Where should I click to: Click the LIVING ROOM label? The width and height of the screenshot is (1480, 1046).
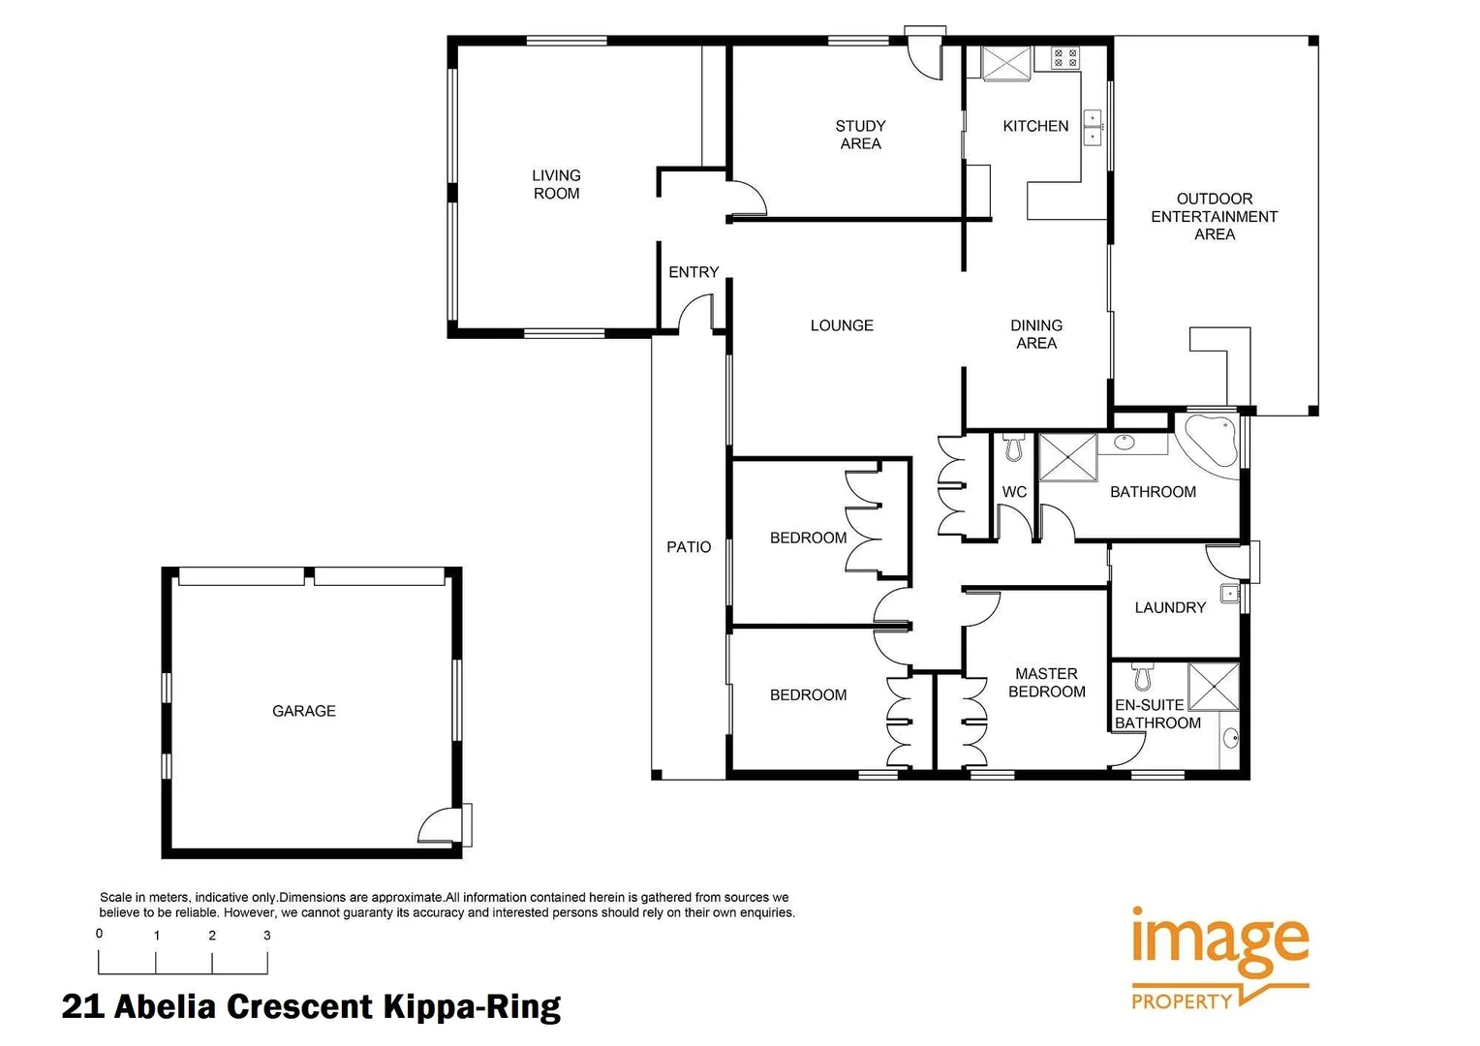point(556,184)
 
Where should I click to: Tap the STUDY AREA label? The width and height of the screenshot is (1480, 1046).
point(860,135)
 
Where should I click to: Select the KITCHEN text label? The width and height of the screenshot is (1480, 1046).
point(1035,126)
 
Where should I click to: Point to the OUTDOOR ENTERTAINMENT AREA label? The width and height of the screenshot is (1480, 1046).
point(1214,216)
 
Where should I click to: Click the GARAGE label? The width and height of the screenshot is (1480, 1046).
point(304,711)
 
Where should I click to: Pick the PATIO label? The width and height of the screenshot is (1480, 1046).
point(689,547)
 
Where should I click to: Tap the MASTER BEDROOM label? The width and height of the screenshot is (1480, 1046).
point(1046,682)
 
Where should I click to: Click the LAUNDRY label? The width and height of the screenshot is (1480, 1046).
point(1170,607)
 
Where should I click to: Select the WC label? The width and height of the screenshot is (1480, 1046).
point(1014,492)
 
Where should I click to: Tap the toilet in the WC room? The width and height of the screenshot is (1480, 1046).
point(1014,447)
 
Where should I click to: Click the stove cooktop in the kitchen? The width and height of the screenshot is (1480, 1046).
point(1065,58)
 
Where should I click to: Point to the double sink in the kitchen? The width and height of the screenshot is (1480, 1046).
point(1093,128)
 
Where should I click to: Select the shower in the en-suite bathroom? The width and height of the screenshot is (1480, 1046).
point(1214,686)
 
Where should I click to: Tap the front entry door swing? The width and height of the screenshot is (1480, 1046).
point(694,314)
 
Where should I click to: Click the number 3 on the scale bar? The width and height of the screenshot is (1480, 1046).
point(267,936)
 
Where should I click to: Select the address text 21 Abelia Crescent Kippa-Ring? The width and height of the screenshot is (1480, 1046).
point(311,1007)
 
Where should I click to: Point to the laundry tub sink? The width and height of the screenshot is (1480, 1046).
point(1229,594)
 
